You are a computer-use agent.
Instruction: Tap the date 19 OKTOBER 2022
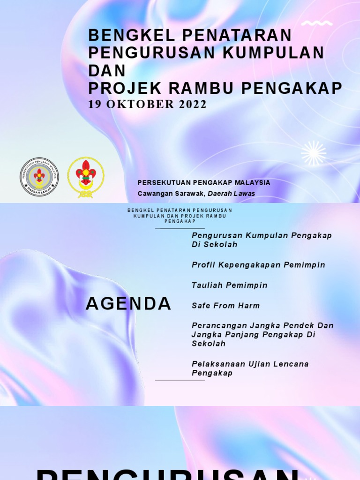tap(147, 105)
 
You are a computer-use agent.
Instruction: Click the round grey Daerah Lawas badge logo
tap(39, 177)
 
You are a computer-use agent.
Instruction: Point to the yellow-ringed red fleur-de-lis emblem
tap(86, 177)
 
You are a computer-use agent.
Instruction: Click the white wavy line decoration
tap(317, 23)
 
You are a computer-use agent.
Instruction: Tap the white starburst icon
tap(314, 153)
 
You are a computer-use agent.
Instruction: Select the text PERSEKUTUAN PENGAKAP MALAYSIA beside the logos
tap(204, 182)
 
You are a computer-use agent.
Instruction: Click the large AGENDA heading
tap(128, 304)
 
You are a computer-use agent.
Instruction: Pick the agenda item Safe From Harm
tap(225, 306)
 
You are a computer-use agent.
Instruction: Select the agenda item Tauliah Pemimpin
tap(229, 285)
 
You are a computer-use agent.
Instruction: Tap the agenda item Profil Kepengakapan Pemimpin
tap(258, 265)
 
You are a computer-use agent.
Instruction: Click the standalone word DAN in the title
tap(107, 71)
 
